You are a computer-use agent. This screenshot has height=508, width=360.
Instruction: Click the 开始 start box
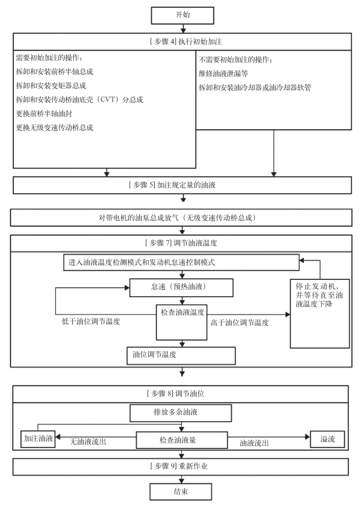[x=182, y=15]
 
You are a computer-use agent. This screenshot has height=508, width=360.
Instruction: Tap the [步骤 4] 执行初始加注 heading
[x=182, y=41]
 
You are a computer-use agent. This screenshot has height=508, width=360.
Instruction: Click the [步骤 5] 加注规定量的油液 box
[x=182, y=185]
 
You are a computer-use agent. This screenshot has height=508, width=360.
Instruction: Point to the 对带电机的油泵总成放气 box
[x=182, y=217]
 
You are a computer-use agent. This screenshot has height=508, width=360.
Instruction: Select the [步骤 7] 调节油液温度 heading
[x=182, y=243]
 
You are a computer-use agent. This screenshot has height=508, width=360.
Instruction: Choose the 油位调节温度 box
[x=181, y=355]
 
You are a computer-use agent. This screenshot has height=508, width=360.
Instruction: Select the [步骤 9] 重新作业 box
[x=182, y=466]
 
